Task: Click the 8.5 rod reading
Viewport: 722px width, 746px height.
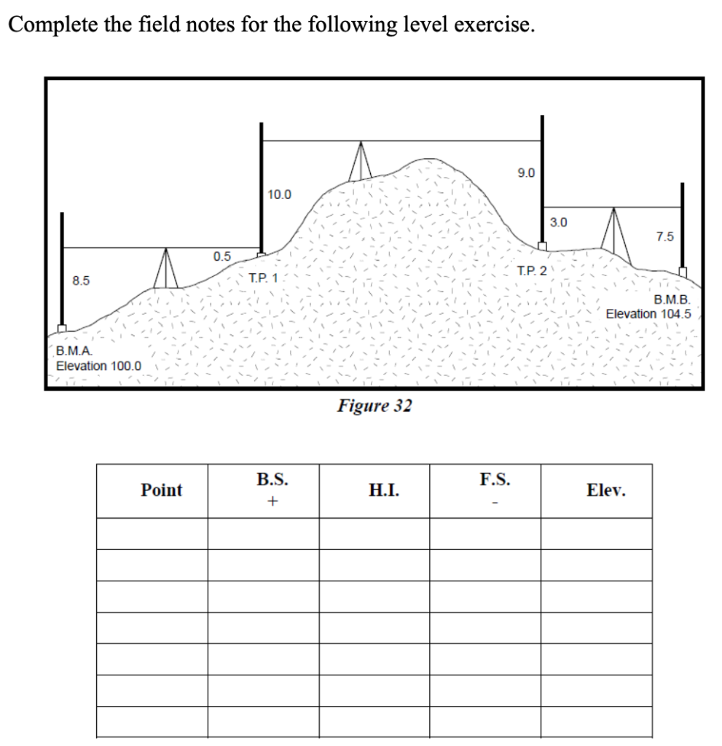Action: [x=81, y=280]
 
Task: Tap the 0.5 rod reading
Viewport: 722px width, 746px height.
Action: [x=221, y=256]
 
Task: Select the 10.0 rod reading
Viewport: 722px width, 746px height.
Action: [x=279, y=195]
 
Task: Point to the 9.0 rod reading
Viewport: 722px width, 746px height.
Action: [x=525, y=173]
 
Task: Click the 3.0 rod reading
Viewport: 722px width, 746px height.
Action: [x=559, y=221]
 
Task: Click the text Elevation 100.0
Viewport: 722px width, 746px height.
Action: [x=99, y=366]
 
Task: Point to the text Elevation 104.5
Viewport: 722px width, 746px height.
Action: [x=648, y=313]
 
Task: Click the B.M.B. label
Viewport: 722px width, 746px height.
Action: [x=672, y=300]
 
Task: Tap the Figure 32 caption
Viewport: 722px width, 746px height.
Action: [x=374, y=406]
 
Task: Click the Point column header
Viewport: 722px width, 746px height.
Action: [x=162, y=490]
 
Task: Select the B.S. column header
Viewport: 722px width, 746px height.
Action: [x=272, y=480]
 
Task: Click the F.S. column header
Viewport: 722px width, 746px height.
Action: [x=495, y=480]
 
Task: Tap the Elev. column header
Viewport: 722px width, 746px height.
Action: [x=605, y=490]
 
